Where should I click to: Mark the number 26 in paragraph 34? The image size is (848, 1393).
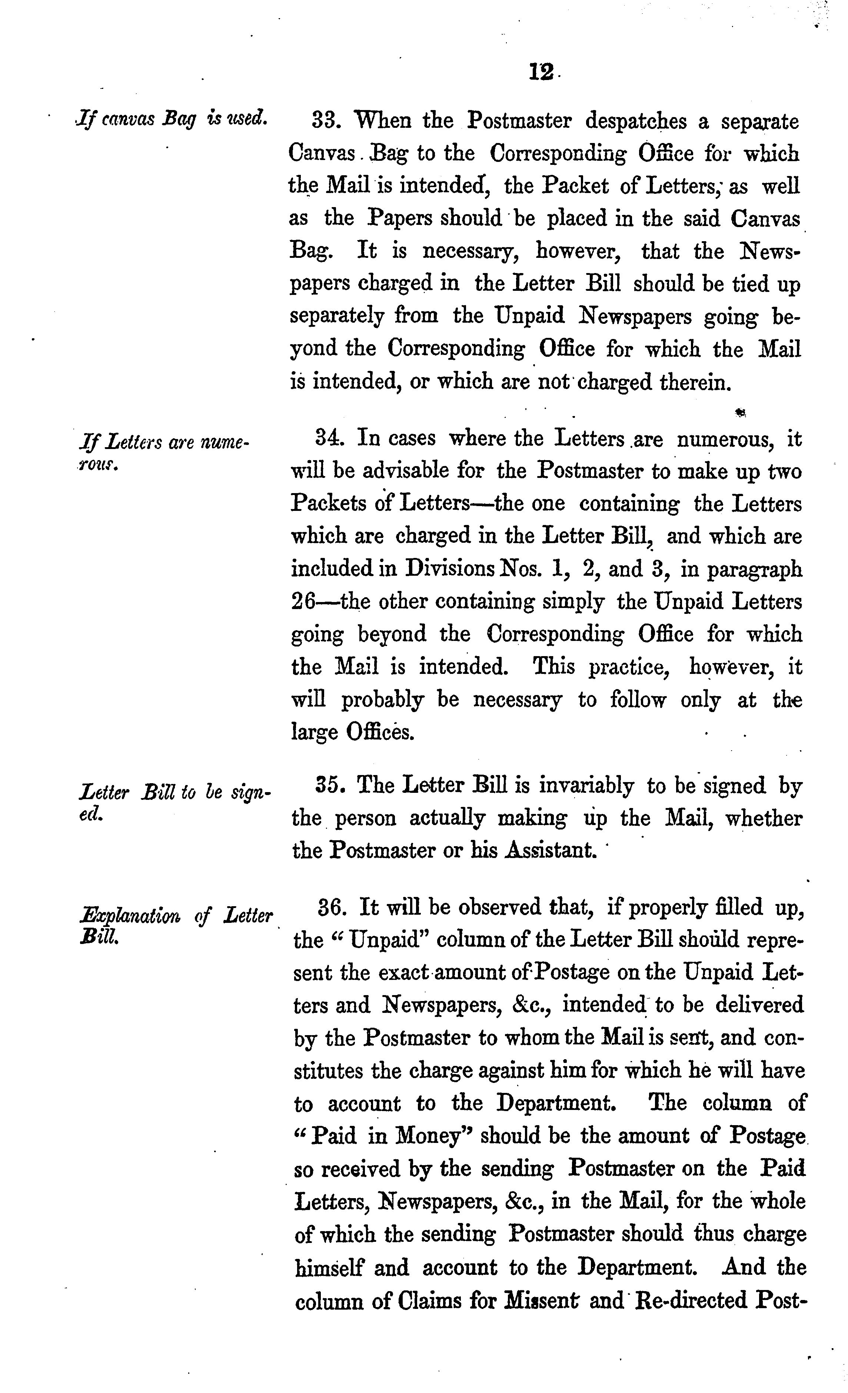click(303, 602)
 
